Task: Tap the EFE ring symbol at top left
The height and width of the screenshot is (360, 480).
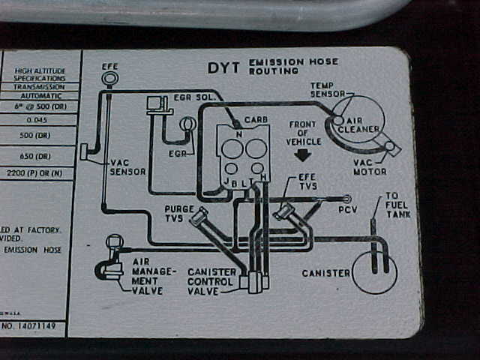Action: point(110,78)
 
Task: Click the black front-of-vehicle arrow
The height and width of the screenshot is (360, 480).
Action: point(303,154)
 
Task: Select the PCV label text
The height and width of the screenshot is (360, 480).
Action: point(347,209)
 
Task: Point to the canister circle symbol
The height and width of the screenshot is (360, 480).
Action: point(373,271)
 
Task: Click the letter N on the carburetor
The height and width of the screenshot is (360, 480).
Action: point(238,135)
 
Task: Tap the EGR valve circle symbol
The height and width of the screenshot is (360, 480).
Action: point(187,124)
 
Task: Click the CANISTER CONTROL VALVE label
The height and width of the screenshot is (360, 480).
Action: point(212,281)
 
